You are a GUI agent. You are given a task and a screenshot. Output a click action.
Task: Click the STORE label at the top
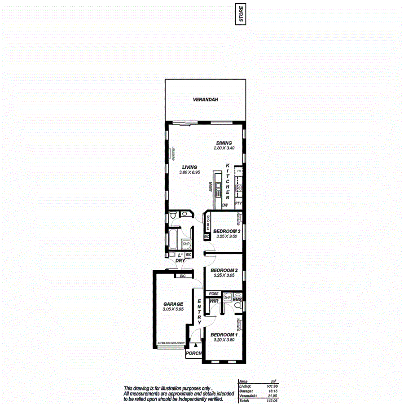(242, 14)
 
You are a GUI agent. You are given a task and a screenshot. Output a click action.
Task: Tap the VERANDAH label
(205, 100)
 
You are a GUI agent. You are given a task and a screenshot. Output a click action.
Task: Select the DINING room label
(224, 143)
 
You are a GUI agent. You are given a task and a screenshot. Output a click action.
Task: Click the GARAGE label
(173, 304)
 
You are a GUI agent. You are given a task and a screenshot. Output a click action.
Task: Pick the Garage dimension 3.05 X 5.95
(173, 309)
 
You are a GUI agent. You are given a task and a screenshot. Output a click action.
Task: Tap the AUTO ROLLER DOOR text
(171, 343)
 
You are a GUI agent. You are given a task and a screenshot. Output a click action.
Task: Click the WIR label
(213, 300)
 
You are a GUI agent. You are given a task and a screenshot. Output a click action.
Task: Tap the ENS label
(237, 299)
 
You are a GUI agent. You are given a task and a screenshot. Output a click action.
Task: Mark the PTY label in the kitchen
(238, 203)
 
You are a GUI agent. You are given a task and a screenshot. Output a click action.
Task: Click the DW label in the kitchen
(225, 205)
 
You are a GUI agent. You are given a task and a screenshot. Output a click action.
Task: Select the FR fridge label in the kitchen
(239, 171)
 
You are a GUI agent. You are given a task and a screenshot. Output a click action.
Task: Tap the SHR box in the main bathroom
(186, 244)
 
